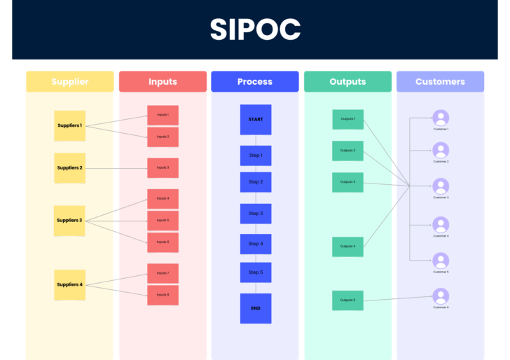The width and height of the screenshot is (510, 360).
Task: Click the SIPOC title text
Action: point(255,29)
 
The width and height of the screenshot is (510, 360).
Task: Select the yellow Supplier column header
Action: point(69,82)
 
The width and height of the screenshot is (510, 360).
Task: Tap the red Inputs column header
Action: point(163,82)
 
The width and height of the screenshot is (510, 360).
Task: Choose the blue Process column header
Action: point(255,82)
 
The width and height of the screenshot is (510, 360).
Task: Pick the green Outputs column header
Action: point(347,82)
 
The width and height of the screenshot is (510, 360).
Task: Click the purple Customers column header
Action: point(440,82)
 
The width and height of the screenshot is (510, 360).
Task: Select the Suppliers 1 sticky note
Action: point(69,126)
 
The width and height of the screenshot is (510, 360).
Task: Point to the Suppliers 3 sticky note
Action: point(69,221)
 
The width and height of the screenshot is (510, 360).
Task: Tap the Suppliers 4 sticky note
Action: point(69,285)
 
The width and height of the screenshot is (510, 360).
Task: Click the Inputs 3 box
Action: point(163,168)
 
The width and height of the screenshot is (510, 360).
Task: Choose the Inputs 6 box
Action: point(163,242)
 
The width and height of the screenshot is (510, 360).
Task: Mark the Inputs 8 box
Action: point(163,295)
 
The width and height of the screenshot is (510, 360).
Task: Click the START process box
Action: point(255,120)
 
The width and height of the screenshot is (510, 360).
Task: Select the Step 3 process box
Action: point(255,214)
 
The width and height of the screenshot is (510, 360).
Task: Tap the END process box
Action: point(255,308)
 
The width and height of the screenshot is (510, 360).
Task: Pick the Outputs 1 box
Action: point(347,119)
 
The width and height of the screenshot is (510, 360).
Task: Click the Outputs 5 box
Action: point(347,300)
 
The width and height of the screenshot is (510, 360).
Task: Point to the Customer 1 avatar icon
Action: point(441,118)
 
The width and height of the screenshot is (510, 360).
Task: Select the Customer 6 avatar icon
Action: point(441,296)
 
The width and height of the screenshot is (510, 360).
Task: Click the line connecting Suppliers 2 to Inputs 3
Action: point(116,168)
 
